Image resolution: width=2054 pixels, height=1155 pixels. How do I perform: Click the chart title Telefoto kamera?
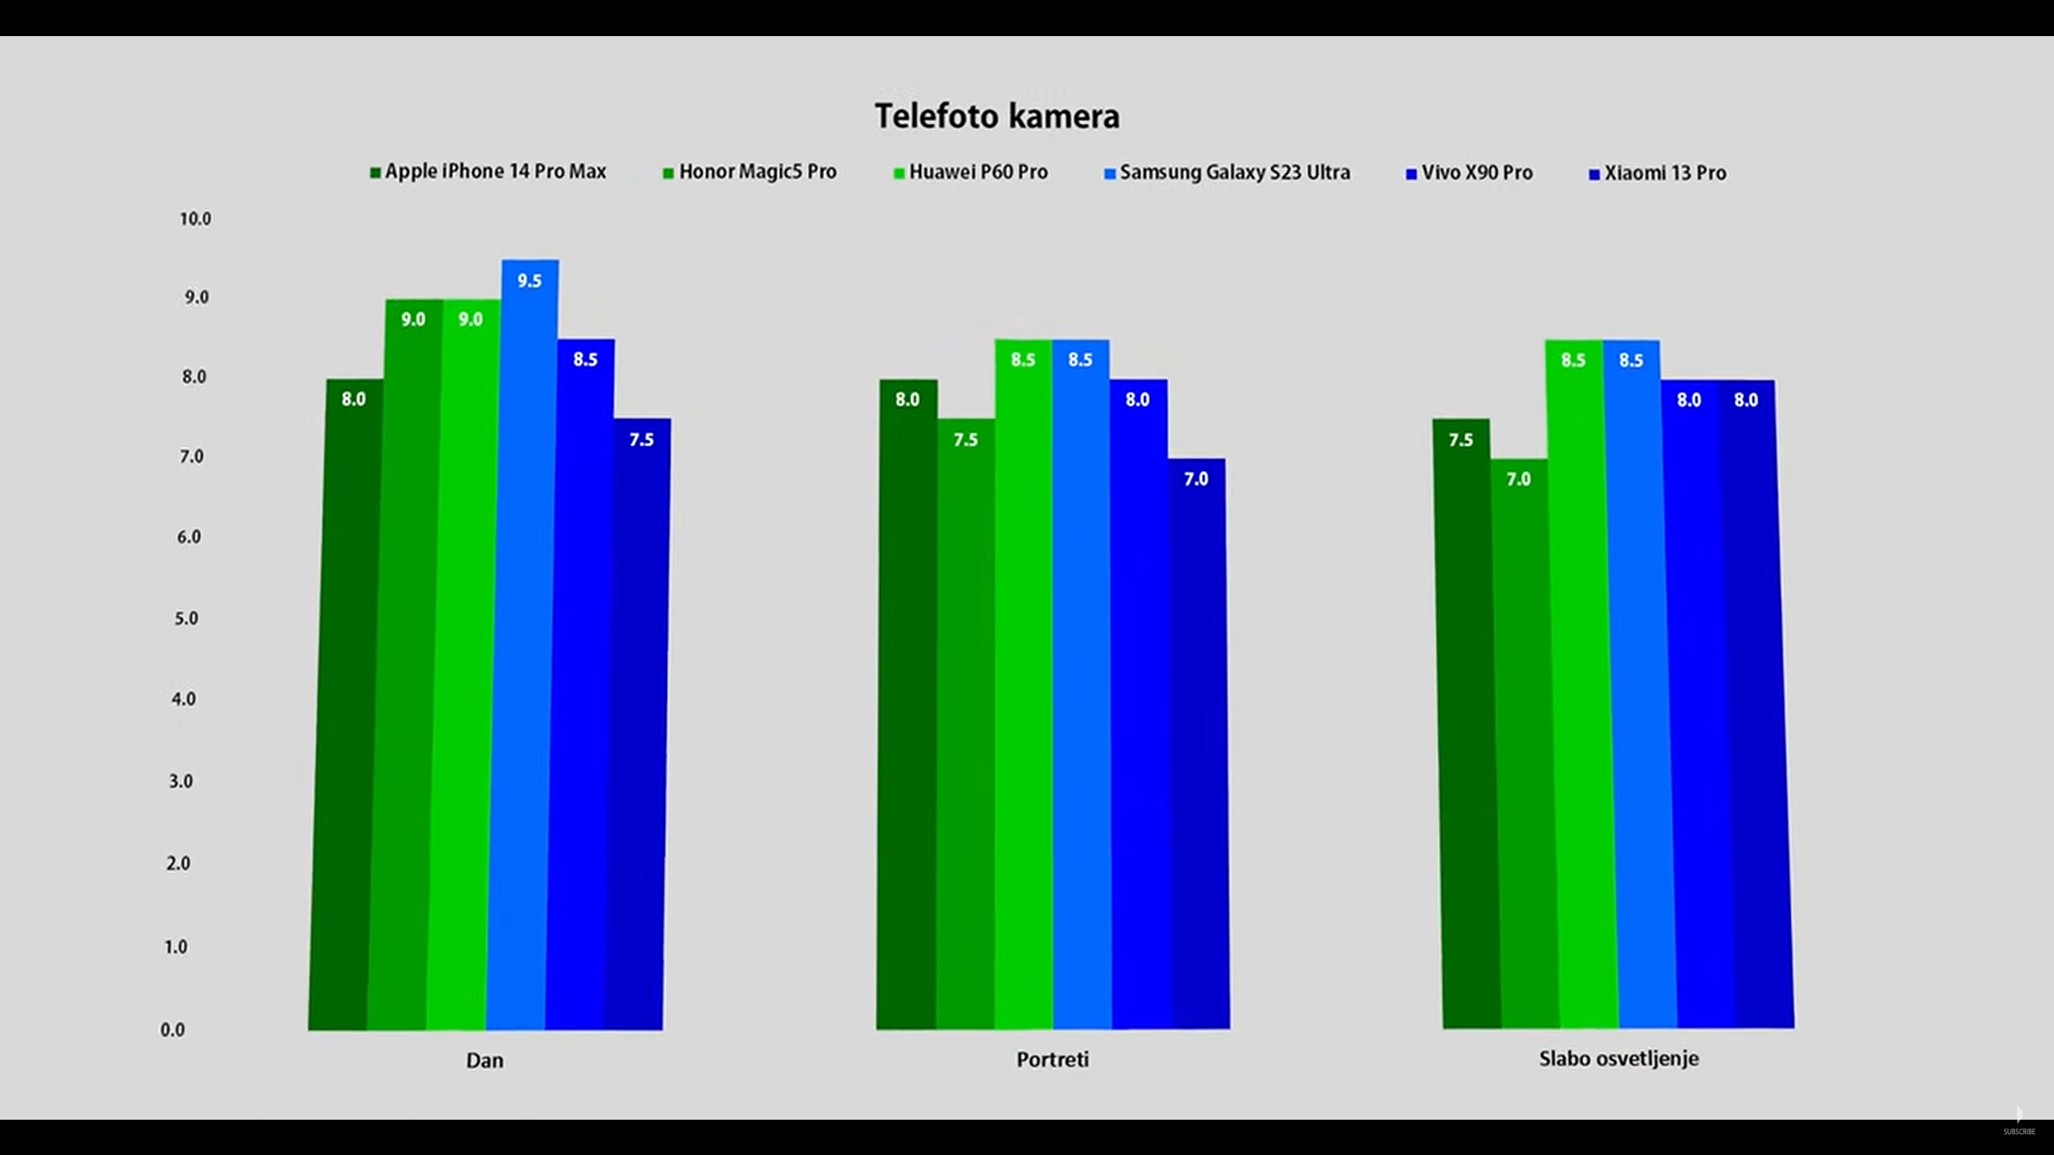pos(997,116)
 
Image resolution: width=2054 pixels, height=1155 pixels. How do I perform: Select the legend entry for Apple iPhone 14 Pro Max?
pos(488,172)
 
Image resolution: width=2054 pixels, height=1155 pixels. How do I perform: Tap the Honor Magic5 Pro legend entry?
pos(750,172)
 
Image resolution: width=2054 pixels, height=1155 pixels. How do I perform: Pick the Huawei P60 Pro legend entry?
pos(971,172)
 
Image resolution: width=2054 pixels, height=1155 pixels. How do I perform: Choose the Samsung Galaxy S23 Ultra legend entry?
pos(1228,173)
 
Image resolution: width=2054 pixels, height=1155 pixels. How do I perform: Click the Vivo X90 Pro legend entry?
pos(1469,173)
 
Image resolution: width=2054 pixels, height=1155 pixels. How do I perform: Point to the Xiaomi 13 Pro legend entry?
pos(1658,173)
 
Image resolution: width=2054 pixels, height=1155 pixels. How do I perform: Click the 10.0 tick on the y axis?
pos(195,219)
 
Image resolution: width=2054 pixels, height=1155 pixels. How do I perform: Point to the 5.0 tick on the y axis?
pos(185,618)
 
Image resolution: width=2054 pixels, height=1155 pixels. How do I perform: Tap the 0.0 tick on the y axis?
pos(173,1030)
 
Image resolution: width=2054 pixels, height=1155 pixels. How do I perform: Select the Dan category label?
pos(485,1060)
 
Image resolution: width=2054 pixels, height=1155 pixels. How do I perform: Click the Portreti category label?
pos(1053,1060)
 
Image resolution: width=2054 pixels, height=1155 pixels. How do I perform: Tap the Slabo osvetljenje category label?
pos(1618,1059)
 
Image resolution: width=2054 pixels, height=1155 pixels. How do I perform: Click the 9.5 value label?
pos(530,281)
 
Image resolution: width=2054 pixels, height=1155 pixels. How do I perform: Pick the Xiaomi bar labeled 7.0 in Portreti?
pos(1199,746)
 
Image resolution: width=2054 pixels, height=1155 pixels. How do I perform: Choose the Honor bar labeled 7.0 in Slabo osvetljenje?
pos(1524,746)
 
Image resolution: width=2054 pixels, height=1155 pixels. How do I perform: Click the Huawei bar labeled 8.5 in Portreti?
pos(1024,682)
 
